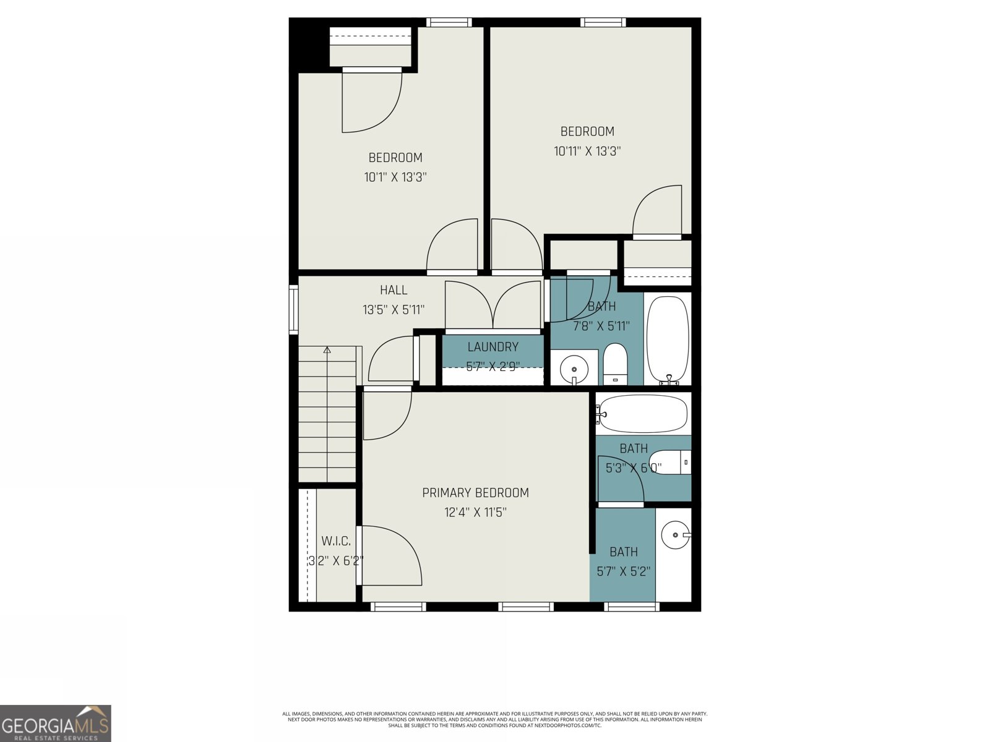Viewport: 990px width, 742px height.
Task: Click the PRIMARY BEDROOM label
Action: (475, 493)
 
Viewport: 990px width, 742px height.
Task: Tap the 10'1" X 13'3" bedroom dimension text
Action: (395, 177)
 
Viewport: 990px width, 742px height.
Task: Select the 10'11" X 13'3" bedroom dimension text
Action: (587, 151)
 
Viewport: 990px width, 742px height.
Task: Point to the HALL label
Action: (394, 290)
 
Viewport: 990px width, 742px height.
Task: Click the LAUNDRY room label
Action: (493, 347)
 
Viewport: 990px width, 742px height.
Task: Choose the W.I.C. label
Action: (336, 541)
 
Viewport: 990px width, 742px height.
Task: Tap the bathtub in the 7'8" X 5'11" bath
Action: (668, 339)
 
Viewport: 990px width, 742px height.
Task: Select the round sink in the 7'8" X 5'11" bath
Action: (574, 369)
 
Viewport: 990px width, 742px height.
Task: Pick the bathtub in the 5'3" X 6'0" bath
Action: (643, 414)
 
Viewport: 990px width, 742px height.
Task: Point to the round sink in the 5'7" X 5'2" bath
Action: (675, 534)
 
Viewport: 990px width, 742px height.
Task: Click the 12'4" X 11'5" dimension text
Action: (475, 513)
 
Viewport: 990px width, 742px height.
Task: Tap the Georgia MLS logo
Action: (56, 723)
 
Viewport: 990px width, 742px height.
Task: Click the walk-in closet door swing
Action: (390, 554)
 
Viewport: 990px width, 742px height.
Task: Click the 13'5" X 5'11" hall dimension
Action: (394, 310)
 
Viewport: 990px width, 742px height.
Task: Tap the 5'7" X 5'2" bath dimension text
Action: (623, 572)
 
